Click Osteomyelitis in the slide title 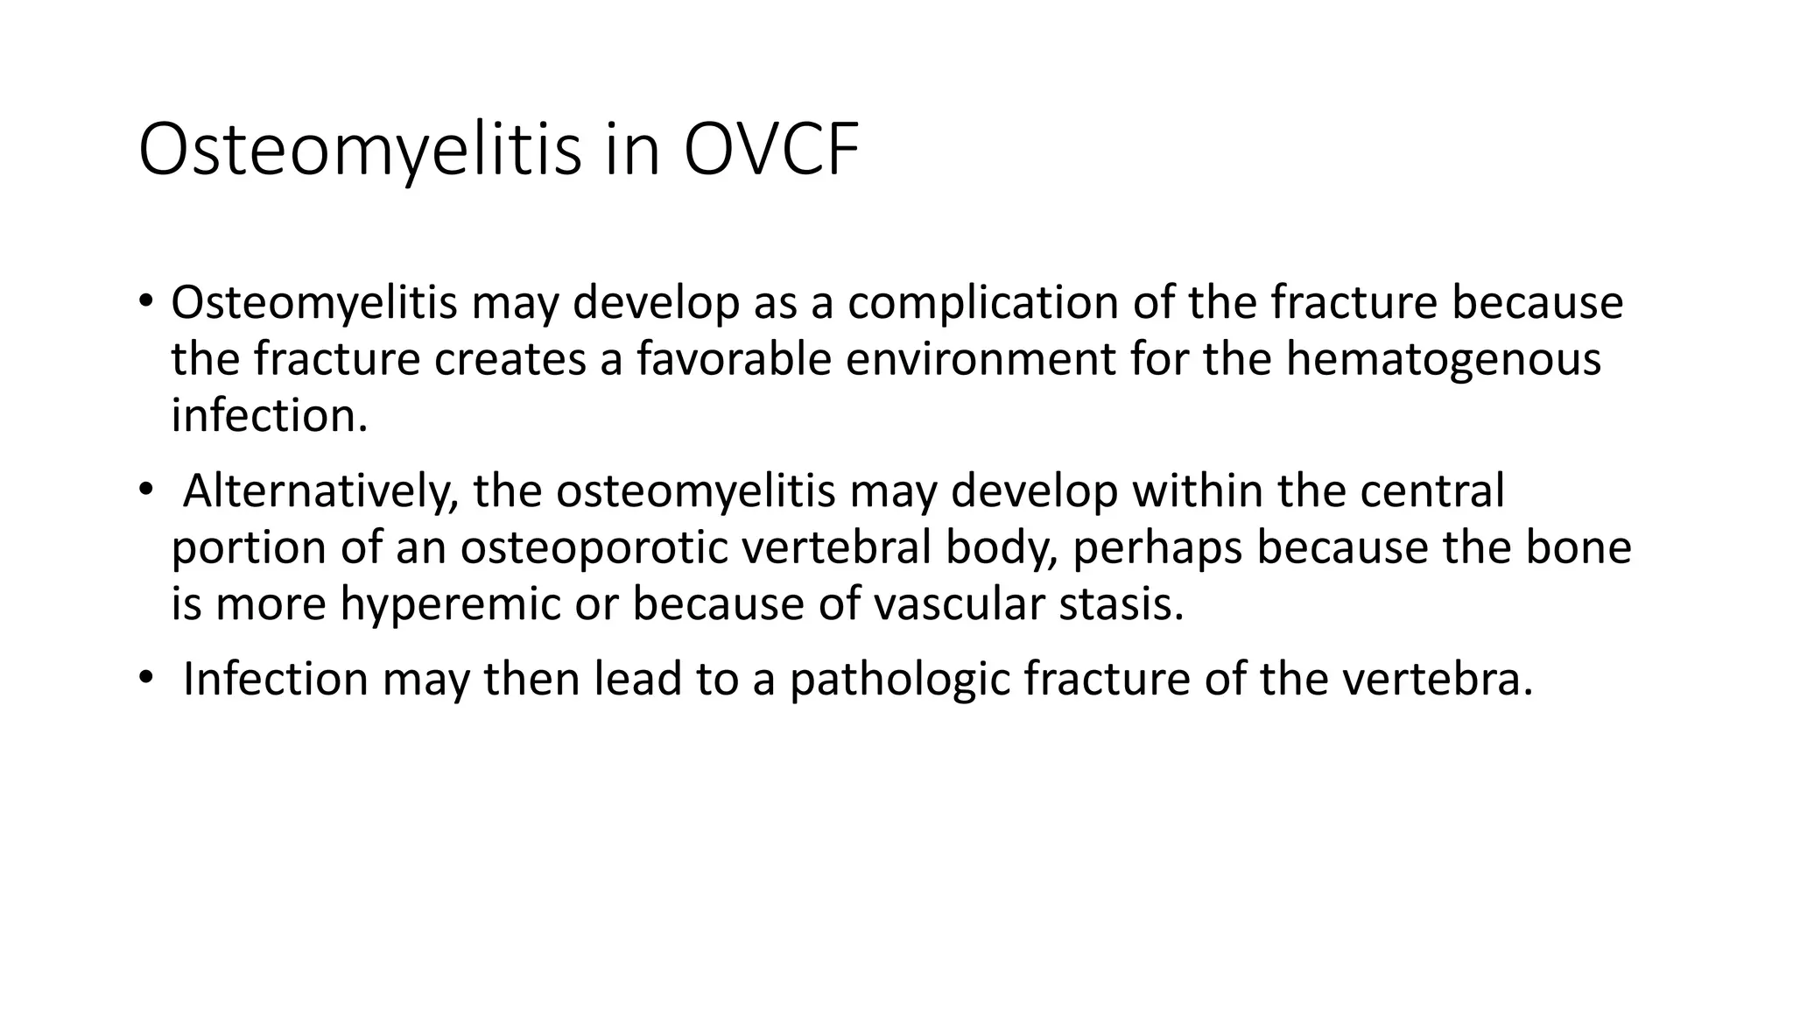tap(359, 151)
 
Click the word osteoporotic tap(593, 547)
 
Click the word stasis tap(1121, 604)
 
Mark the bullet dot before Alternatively tap(145, 490)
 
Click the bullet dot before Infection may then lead tap(145, 680)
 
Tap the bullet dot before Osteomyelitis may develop tap(145, 303)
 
